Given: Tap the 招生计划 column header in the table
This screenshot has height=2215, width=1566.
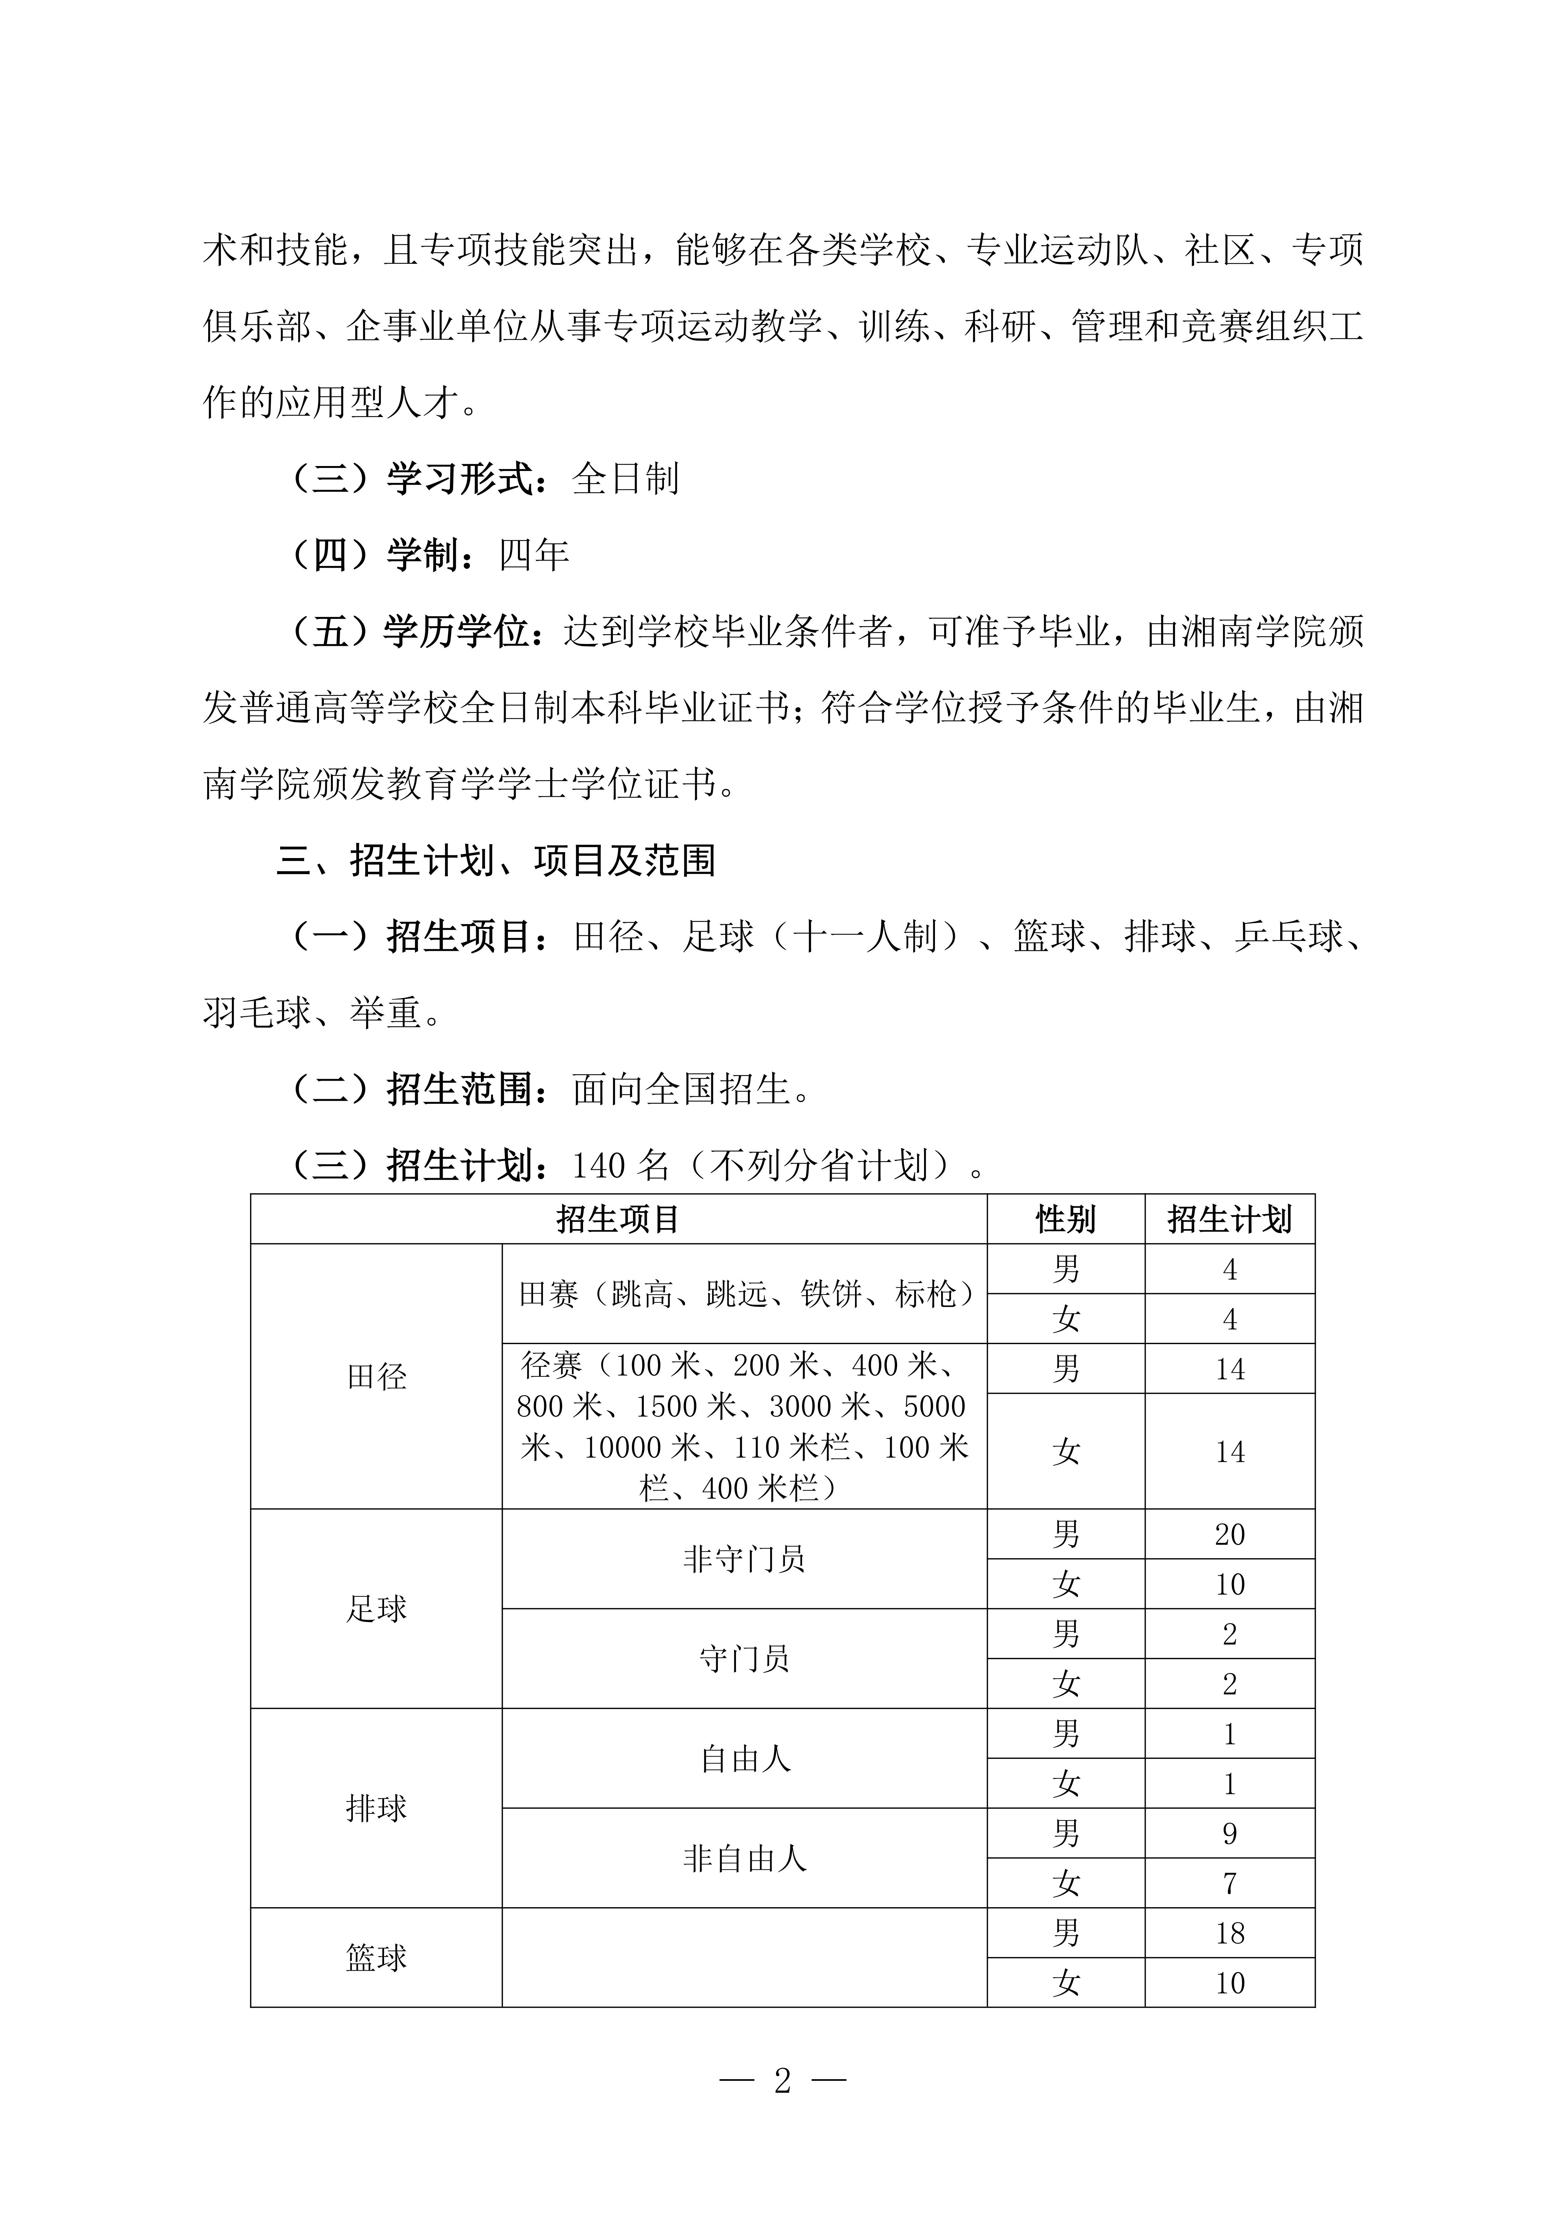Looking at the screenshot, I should coord(1229,1219).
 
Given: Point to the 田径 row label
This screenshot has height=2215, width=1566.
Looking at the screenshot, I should coord(376,1377).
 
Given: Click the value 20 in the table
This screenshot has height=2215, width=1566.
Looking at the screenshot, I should coord(1229,1534).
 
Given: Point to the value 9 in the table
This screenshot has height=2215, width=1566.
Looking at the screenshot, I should coord(1229,1833).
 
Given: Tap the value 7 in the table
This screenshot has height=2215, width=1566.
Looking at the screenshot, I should coord(1229,1883).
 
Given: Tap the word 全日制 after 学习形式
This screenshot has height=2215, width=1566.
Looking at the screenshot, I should coord(626,479).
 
